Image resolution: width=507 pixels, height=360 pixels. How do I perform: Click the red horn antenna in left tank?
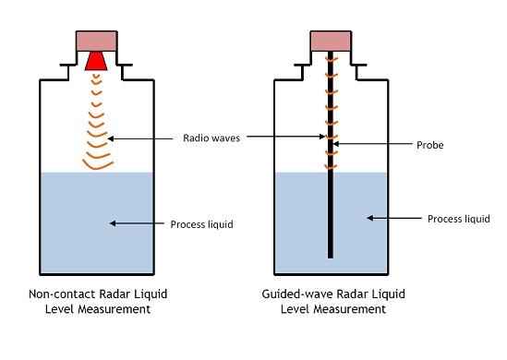click(x=95, y=61)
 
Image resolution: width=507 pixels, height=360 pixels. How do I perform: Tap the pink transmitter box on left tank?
click(x=95, y=41)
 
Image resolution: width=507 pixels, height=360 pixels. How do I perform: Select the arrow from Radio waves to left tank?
click(x=144, y=138)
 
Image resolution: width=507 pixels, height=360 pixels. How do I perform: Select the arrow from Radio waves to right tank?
click(x=286, y=138)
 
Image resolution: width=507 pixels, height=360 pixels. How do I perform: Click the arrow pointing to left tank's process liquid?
click(x=138, y=222)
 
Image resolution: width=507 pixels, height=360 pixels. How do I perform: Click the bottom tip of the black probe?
click(x=331, y=256)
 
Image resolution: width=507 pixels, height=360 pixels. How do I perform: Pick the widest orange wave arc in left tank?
click(x=95, y=165)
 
